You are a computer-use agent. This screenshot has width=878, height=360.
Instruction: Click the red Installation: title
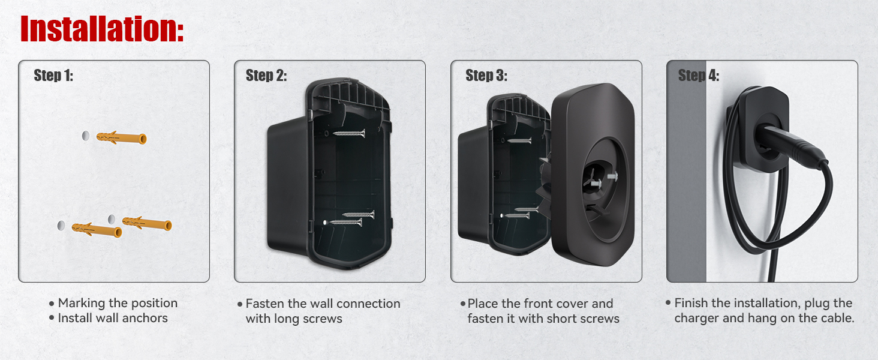(x=102, y=29)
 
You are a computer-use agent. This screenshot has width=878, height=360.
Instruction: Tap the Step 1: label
(x=53, y=75)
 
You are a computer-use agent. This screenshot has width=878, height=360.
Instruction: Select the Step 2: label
(x=266, y=75)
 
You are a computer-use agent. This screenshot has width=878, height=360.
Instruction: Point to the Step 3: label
(x=486, y=75)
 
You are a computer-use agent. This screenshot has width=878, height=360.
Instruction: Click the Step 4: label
(x=699, y=75)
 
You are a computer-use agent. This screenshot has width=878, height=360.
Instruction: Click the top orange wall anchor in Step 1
(x=122, y=137)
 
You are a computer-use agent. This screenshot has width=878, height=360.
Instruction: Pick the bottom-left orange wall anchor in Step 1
(x=97, y=229)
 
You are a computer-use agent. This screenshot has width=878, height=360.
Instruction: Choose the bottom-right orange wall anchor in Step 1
(x=147, y=224)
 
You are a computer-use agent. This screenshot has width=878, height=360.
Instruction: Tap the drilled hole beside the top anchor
(x=85, y=136)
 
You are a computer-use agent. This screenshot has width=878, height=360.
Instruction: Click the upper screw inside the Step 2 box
(x=349, y=134)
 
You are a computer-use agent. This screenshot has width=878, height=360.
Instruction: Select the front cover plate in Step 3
(x=593, y=175)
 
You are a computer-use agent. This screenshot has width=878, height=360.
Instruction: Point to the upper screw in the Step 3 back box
(x=519, y=140)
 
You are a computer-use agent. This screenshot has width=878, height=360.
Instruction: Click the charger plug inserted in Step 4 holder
(x=792, y=148)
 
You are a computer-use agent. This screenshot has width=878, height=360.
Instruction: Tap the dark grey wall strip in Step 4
(x=686, y=171)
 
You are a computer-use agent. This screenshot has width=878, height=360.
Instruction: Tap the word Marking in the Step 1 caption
(x=82, y=303)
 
